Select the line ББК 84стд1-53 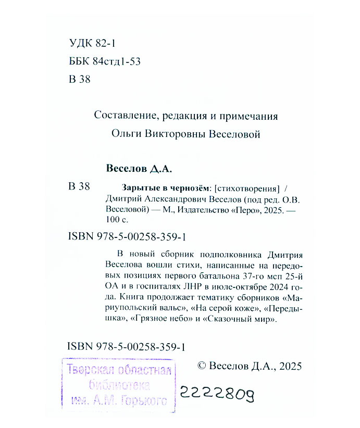(x=104, y=62)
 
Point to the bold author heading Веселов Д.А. (x=138, y=169)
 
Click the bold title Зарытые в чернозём (x=159, y=188)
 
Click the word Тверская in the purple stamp (x=90, y=372)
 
